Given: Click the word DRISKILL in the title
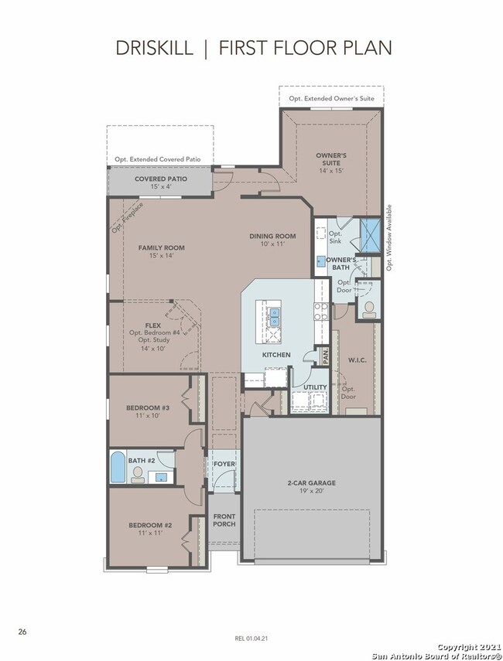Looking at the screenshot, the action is pos(154,48).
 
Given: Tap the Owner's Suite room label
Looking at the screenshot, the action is pos(331,159).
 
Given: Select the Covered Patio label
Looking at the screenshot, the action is pos(161,179).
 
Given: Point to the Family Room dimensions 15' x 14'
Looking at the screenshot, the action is pos(161,255).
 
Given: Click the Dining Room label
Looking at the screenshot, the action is pos(272,236).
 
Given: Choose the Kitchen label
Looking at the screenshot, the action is pos(276,355).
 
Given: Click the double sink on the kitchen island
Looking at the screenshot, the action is pos(274,317).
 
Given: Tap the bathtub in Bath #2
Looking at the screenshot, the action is pos(118,467).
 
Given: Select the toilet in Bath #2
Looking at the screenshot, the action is pos(137,475).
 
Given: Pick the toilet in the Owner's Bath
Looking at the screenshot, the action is pos(369,309).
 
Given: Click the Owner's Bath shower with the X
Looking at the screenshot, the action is pos(371,235).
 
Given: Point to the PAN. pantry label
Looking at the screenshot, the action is pos(325,356).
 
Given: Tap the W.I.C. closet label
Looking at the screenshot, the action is pos(357,360).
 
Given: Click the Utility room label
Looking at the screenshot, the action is pos(315,387).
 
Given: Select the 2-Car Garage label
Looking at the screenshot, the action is pos(312,483).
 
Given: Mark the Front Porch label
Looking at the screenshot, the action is pos(224,520).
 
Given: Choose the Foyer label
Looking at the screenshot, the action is pos(224,464).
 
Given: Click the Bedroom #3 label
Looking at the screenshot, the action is pos(148,407).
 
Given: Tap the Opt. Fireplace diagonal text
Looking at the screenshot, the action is pos(128,217).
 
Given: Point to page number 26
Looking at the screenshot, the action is pos(22,632).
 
